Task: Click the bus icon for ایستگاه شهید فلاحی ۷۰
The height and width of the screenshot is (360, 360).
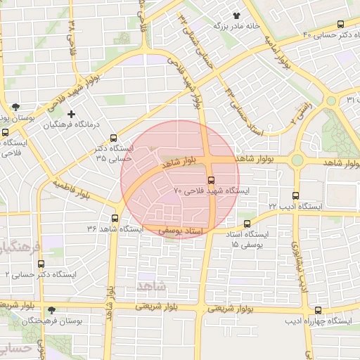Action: point(212,179)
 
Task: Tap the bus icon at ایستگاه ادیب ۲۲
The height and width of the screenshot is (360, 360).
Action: point(295,196)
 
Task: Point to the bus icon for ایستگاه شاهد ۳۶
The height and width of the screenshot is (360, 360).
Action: point(115,219)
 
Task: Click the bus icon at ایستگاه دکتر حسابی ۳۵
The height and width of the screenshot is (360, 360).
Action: point(114,139)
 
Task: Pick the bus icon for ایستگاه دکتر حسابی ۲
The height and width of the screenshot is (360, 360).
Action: point(41,264)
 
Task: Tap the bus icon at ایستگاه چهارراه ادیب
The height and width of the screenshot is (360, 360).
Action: point(319,310)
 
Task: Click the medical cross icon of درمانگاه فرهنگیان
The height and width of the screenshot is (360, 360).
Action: point(70,114)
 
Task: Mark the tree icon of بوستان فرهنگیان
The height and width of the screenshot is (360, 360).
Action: point(51,310)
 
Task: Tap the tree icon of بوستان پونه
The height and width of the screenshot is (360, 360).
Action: point(15,107)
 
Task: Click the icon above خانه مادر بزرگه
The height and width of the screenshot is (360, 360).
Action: point(236,14)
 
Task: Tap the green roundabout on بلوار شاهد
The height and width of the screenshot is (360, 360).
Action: point(297,160)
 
